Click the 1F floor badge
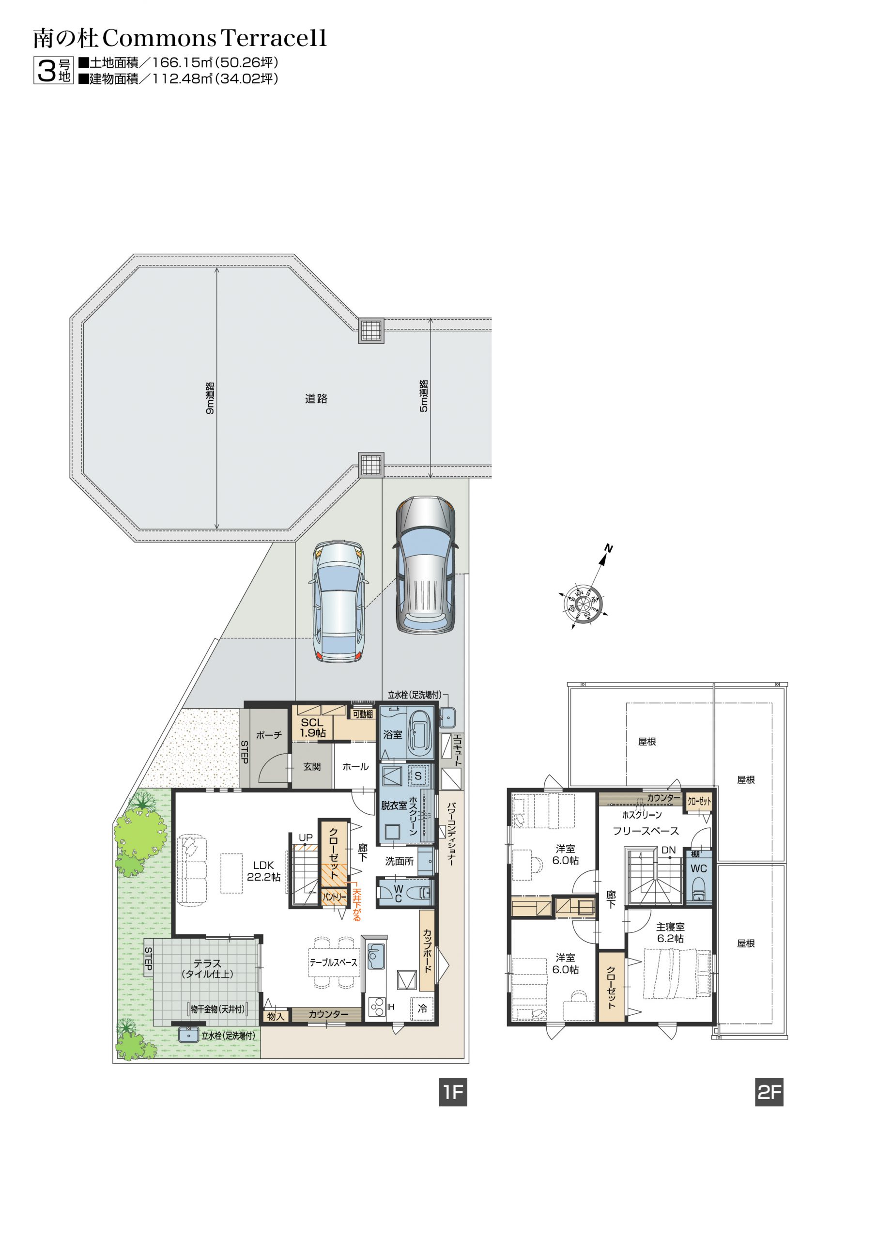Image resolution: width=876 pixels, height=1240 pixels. (453, 1092)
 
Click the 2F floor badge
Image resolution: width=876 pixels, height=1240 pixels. (769, 1092)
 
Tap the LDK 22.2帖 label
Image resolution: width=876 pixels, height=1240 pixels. (263, 870)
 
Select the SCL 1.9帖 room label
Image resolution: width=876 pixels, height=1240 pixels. (313, 727)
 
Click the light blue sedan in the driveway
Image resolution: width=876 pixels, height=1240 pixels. (338, 600)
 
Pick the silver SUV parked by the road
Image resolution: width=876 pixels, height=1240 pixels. (425, 564)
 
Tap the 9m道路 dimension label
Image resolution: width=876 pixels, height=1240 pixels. (210, 398)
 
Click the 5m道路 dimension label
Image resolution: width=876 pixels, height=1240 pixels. (424, 396)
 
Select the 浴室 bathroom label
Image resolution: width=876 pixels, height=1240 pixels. (392, 734)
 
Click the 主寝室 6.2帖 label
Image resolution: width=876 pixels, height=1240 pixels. (670, 932)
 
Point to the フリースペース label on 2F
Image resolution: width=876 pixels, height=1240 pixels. (645, 831)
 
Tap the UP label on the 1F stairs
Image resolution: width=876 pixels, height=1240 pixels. (306, 837)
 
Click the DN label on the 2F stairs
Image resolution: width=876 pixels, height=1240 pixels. (669, 850)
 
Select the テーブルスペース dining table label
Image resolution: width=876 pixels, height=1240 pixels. (333, 962)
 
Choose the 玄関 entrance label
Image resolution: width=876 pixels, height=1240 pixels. (312, 766)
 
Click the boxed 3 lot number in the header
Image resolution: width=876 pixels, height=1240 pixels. (47, 70)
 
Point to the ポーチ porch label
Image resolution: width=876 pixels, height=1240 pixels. (269, 735)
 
